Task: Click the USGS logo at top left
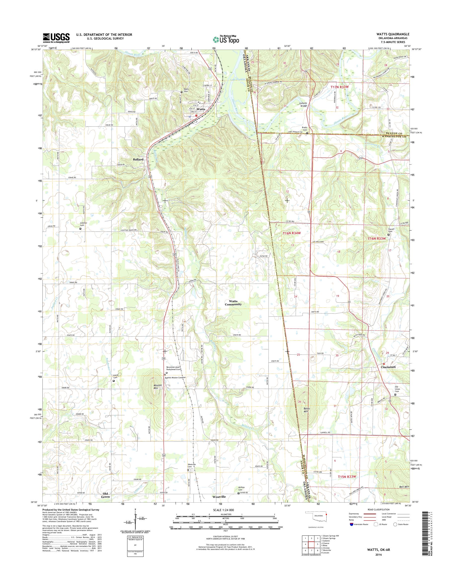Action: click(56, 38)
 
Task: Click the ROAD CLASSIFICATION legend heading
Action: click(378, 509)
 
